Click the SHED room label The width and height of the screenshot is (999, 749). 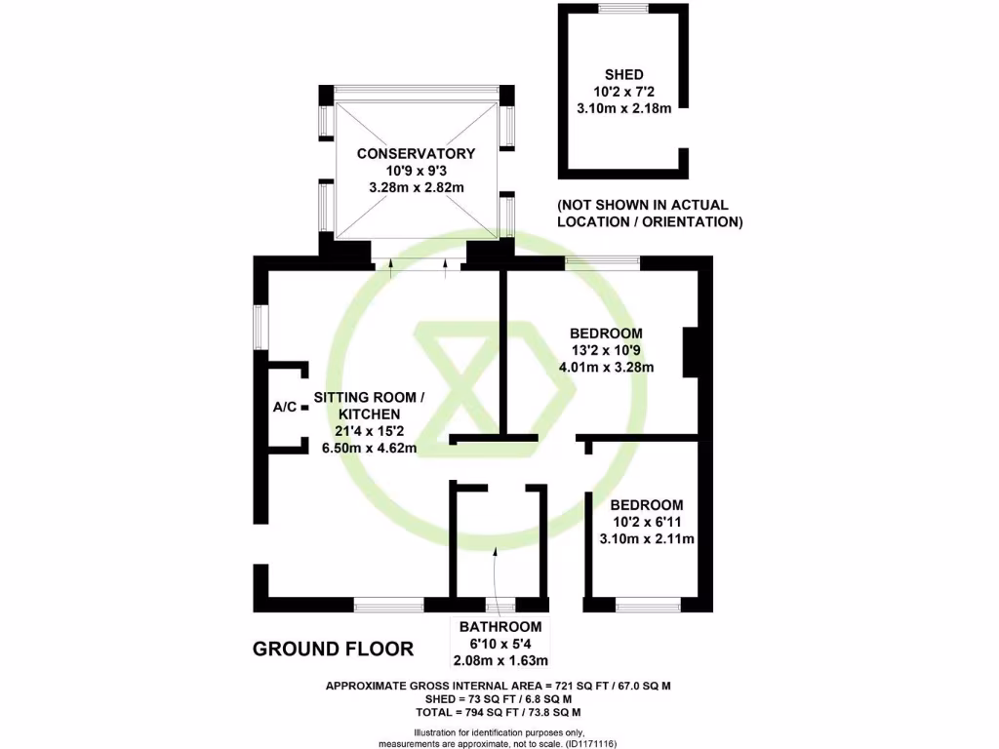pyautogui.click(x=623, y=74)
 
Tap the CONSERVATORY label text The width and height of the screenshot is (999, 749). pyautogui.click(x=416, y=153)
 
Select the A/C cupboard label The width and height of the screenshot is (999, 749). pyautogui.click(x=285, y=407)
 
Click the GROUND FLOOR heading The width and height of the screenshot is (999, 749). pyautogui.click(x=334, y=649)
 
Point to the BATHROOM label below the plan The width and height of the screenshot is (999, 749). pyautogui.click(x=500, y=627)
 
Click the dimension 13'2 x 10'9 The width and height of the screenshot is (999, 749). pyautogui.click(x=606, y=350)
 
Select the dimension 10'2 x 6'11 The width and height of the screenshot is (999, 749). pyautogui.click(x=647, y=523)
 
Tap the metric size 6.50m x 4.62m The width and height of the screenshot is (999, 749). pyautogui.click(x=370, y=448)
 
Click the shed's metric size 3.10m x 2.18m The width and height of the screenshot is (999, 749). pyautogui.click(x=623, y=108)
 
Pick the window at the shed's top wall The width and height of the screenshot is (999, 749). pyautogui.click(x=623, y=8)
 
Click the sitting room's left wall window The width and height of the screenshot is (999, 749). pyautogui.click(x=260, y=328)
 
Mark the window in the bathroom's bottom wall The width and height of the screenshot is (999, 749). pyautogui.click(x=500, y=605)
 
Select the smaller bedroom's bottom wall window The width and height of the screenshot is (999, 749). pyautogui.click(x=648, y=605)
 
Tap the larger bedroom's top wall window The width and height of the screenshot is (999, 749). pyautogui.click(x=602, y=261)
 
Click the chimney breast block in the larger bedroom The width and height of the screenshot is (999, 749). pyautogui.click(x=691, y=352)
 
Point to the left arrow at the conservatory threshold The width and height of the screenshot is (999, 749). pyautogui.click(x=390, y=269)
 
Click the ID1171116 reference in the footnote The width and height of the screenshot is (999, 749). pyautogui.click(x=590, y=743)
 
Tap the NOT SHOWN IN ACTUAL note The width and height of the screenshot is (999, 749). pyautogui.click(x=643, y=205)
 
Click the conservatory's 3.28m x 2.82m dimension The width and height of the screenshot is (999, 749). pyautogui.click(x=416, y=188)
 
